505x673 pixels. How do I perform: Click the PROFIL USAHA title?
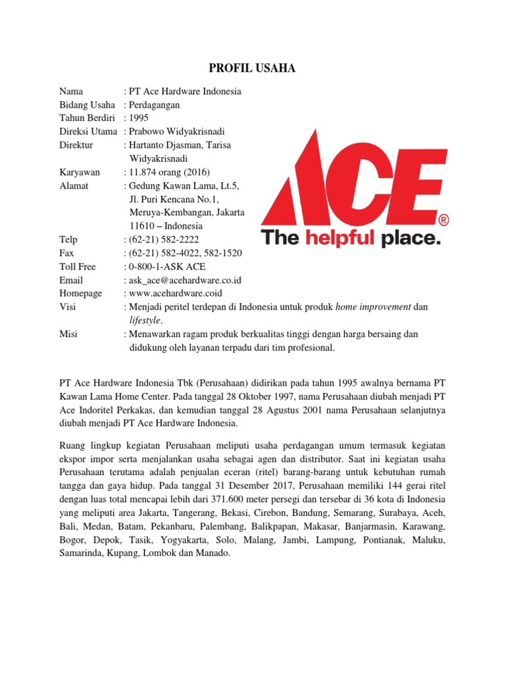coord(252,68)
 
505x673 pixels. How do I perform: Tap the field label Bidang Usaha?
coord(87,104)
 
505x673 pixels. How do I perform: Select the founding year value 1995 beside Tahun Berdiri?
coord(139,118)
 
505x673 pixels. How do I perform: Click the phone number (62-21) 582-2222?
coord(164,240)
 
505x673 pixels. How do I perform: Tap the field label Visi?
coord(68,307)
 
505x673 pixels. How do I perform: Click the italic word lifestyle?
coord(145,320)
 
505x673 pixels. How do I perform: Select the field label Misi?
coord(68,334)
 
